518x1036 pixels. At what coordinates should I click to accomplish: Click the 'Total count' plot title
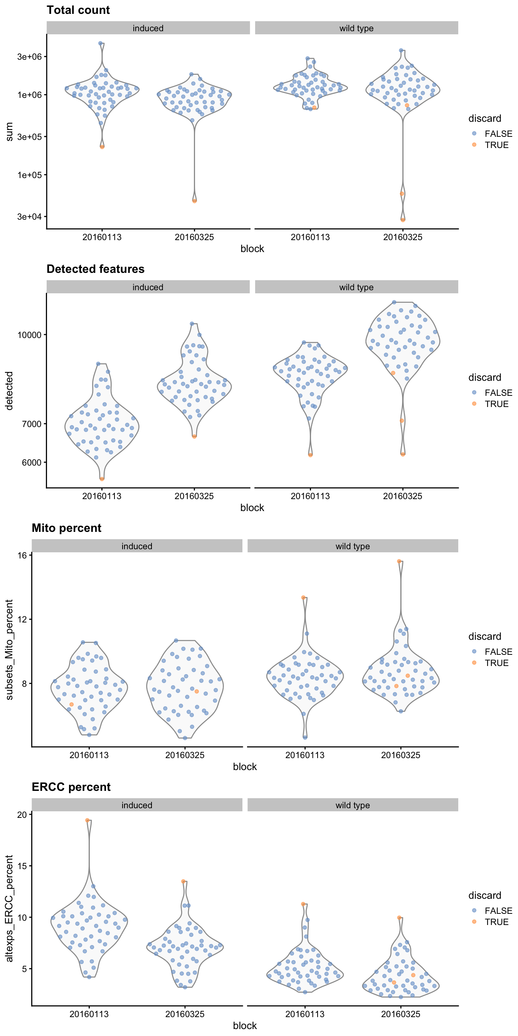[78, 10]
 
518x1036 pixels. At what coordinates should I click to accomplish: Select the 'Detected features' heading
[95, 269]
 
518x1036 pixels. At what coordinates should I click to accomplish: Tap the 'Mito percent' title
[66, 528]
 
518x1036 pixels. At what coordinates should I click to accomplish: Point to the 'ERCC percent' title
[71, 787]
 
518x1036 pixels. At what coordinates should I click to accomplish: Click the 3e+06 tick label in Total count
[29, 57]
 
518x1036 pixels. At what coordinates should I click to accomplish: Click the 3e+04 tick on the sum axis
[29, 217]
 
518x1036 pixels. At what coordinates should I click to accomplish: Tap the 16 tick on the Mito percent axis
[22, 555]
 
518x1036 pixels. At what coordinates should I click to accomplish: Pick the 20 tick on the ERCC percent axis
[22, 815]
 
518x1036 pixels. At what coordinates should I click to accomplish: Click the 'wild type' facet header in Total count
[357, 28]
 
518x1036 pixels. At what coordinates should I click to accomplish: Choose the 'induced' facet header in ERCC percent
[137, 805]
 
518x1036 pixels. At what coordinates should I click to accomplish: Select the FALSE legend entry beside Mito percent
[498, 651]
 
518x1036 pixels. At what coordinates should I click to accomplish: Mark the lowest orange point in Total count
[403, 220]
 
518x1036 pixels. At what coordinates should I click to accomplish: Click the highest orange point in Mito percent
[399, 561]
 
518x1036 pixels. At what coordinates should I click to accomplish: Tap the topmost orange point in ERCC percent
[87, 820]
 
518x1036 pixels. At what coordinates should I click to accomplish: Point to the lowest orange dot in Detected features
[102, 479]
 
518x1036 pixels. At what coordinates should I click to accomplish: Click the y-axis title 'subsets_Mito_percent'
[9, 650]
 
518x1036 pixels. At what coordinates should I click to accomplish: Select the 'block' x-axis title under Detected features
[252, 508]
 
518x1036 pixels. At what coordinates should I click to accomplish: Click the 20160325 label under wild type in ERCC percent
[400, 1014]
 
